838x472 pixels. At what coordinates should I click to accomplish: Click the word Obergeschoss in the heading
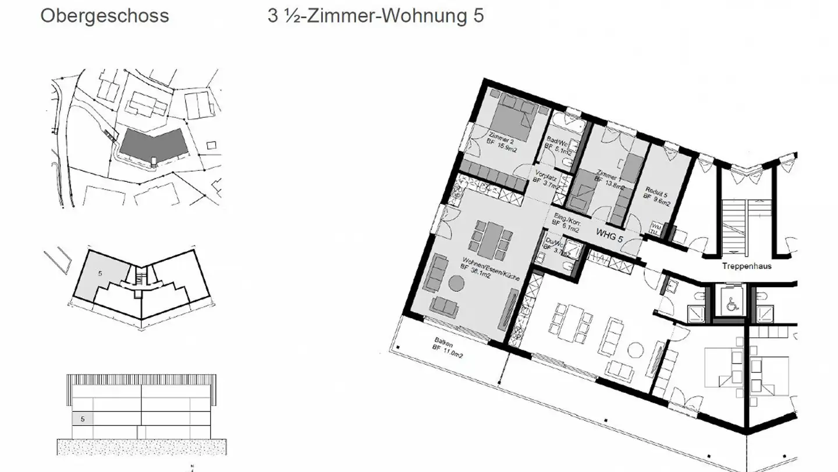pos(105,16)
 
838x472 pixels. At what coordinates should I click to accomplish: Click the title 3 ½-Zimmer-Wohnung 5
pos(375,16)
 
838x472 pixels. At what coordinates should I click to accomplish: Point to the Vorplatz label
pos(545,177)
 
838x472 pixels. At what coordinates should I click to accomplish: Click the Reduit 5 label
pos(656,193)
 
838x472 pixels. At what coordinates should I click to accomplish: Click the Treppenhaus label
pos(747,266)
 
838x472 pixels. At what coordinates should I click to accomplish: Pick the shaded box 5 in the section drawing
pos(83,418)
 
